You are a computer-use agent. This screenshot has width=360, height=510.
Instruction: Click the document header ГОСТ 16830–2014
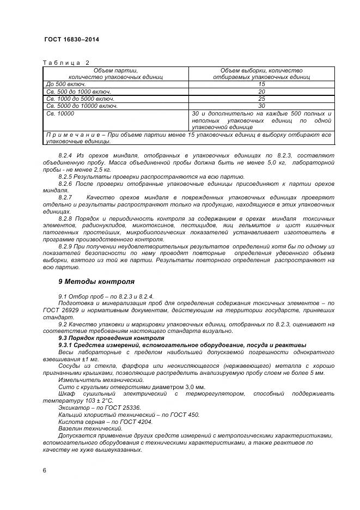[71, 40]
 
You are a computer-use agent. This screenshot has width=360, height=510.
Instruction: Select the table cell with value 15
[261, 84]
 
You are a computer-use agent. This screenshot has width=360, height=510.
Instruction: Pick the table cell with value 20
[261, 92]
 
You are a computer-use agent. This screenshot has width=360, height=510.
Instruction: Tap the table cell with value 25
[261, 99]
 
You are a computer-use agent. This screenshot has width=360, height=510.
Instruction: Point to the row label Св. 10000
[60, 113]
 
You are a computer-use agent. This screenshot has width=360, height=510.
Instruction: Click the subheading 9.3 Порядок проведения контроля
[103, 338]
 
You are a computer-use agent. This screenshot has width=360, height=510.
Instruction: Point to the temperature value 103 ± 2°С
[97, 400]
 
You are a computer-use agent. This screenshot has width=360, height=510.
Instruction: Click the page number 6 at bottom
[44, 470]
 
